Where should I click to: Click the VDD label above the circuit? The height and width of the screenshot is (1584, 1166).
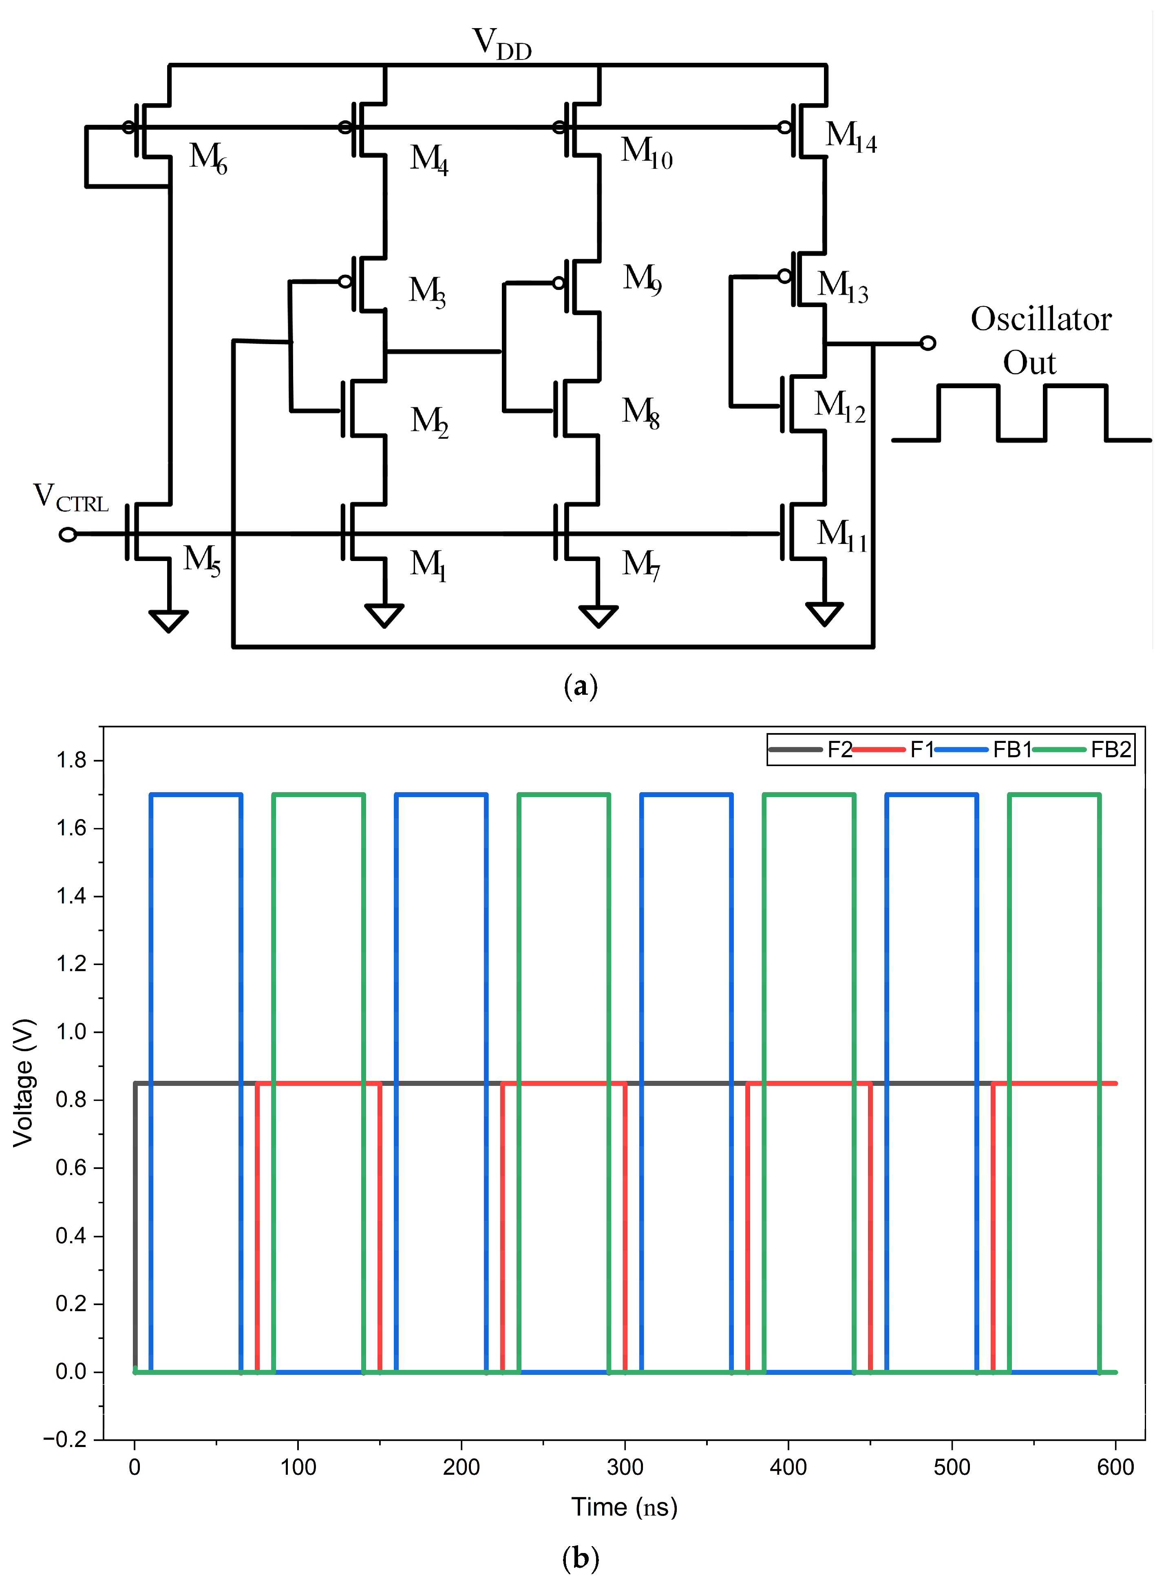point(501,44)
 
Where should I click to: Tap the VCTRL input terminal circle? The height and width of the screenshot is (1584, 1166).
point(68,535)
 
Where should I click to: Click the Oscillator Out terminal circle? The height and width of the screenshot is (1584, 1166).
point(928,343)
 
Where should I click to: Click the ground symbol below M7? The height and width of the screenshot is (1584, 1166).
point(598,616)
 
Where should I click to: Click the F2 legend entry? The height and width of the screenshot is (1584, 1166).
point(840,750)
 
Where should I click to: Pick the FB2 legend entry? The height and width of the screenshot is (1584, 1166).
point(1110,750)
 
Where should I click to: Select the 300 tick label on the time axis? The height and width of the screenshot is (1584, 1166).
point(625,1467)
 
